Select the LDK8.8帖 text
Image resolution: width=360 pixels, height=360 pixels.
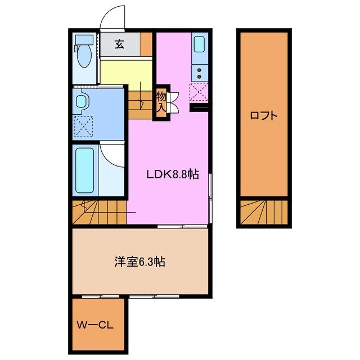[x=172, y=174]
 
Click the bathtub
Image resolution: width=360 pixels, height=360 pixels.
[x=85, y=169]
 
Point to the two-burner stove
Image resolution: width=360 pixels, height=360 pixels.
[x=200, y=73]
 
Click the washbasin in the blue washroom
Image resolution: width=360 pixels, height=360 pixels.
[x=82, y=102]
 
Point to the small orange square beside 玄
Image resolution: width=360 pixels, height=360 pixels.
[x=146, y=44]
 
